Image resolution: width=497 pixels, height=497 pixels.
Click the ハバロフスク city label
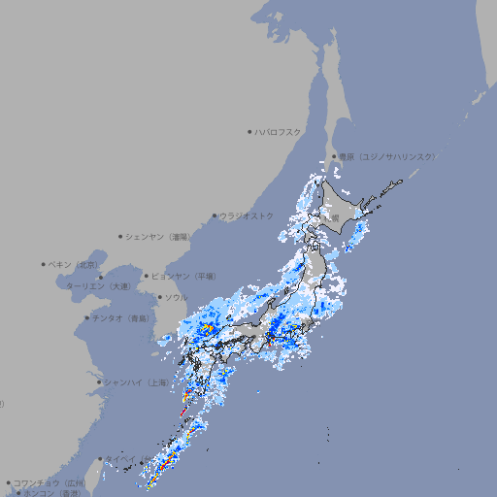pos(280,131)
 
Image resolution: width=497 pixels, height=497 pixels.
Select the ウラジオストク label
pos(247,215)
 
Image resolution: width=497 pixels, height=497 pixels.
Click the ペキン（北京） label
pos(76,264)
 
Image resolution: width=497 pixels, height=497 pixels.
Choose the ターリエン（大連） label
pos(98,286)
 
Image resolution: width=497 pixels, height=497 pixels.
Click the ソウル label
pos(176,297)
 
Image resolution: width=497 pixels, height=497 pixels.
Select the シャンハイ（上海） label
pos(136,382)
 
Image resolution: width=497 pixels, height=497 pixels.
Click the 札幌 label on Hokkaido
pos(333,218)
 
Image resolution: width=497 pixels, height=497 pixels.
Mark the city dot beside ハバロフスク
pos(249,131)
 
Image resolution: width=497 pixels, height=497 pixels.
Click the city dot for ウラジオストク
pos(215,215)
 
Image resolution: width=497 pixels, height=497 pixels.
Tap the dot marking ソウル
pos(159,297)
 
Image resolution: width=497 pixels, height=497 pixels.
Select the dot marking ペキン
pos(44,264)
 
